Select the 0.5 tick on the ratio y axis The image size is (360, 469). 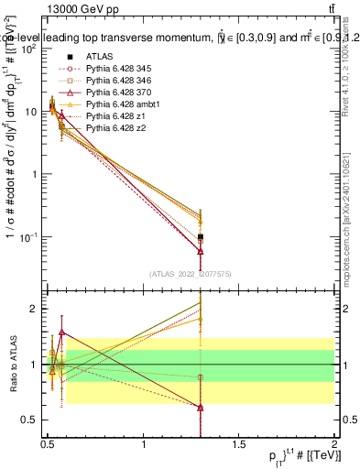coord(31,420)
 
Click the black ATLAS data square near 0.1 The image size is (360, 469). coord(200,236)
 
